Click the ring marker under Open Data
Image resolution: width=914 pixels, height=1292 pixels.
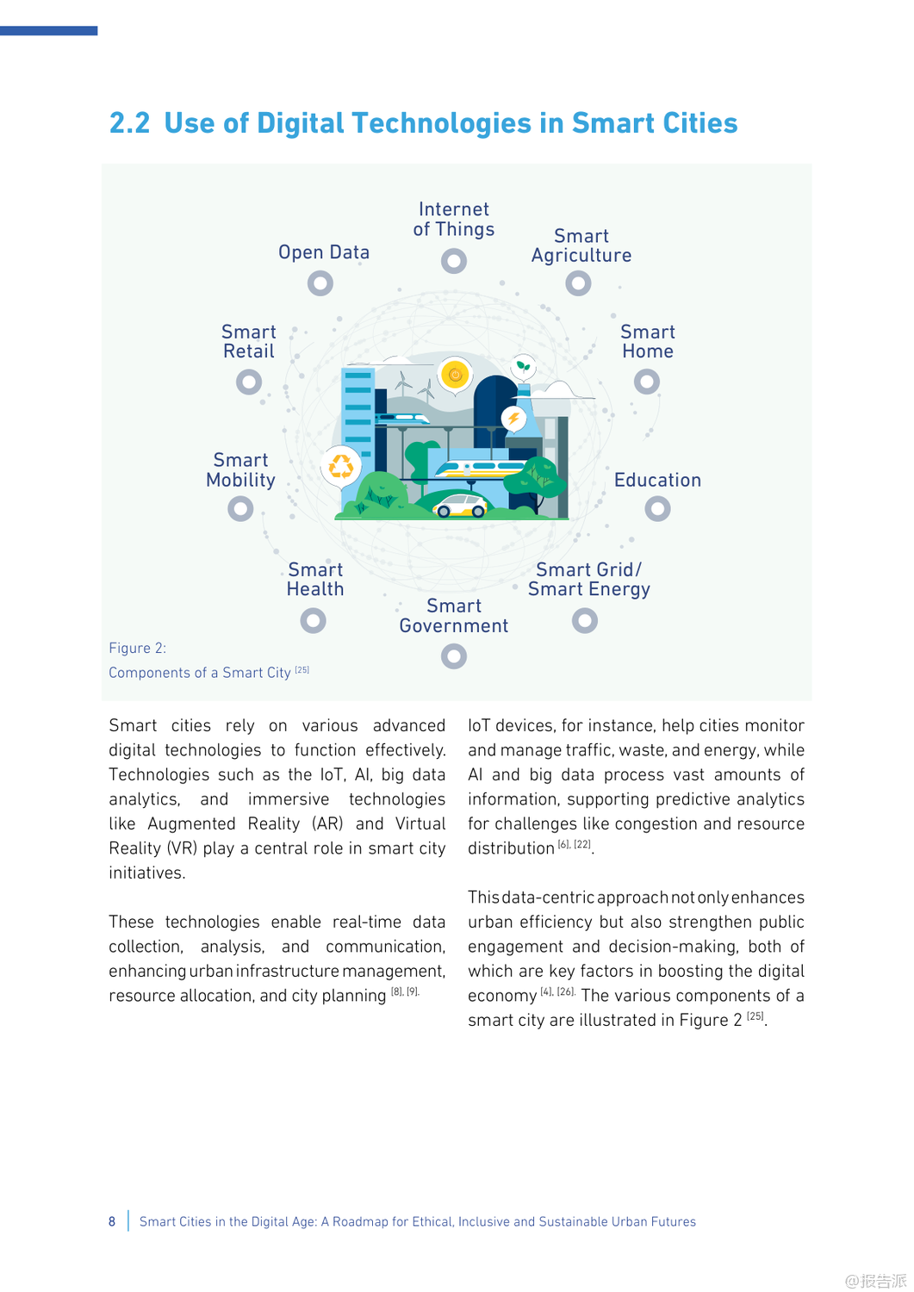pyautogui.click(x=320, y=283)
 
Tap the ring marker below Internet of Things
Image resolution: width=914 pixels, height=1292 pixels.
pyautogui.click(x=454, y=260)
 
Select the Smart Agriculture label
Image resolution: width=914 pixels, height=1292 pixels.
pyautogui.click(x=581, y=245)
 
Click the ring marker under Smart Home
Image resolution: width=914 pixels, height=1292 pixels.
pyautogui.click(x=647, y=381)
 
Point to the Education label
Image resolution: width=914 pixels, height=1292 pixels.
pyautogui.click(x=657, y=480)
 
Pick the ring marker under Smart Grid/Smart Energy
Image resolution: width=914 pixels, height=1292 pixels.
pyautogui.click(x=585, y=620)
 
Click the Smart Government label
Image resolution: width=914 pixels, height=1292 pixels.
pyautogui.click(x=454, y=616)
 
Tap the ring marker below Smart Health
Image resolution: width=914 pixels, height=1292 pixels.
pyautogui.click(x=313, y=620)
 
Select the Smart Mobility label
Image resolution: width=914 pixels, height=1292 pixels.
pyautogui.click(x=241, y=470)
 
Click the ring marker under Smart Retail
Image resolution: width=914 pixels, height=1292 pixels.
pyautogui.click(x=249, y=382)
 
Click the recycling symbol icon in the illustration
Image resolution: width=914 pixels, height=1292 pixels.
pyautogui.click(x=341, y=465)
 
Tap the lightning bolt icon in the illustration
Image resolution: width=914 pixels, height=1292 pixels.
pyautogui.click(x=514, y=419)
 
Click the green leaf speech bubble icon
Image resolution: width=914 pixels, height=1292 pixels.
pyautogui.click(x=523, y=367)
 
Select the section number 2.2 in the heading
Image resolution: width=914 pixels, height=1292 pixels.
pyautogui.click(x=129, y=123)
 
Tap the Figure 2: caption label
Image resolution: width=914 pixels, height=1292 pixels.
pyautogui.click(x=138, y=648)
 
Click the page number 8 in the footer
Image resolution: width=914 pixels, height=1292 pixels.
pyautogui.click(x=112, y=1221)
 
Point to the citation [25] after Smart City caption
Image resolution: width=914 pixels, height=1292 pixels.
pyautogui.click(x=302, y=669)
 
